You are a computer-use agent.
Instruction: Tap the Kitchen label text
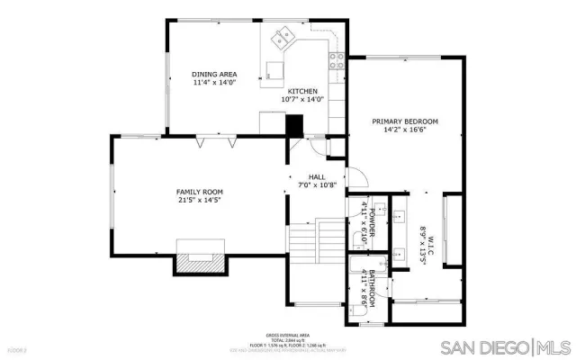click(301, 92)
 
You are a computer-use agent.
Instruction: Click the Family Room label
click(199, 192)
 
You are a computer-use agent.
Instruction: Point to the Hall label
click(316, 176)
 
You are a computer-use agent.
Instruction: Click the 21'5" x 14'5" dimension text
click(199, 201)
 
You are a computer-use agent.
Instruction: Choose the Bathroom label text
click(369, 286)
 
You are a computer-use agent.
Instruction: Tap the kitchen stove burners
click(338, 61)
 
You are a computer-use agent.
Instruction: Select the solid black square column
click(294, 125)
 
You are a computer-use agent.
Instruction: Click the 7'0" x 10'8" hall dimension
click(316, 185)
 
